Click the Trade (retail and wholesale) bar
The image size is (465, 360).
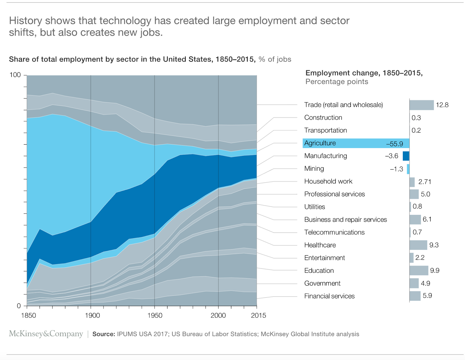(x=421, y=105)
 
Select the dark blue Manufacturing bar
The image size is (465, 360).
(x=406, y=156)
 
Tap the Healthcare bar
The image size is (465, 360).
(x=418, y=245)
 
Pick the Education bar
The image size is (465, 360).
(x=419, y=270)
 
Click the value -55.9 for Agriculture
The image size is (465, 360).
(x=394, y=144)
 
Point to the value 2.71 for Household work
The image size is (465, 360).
(x=425, y=182)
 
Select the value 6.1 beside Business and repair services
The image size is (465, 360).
(x=427, y=219)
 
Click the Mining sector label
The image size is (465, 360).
(x=314, y=169)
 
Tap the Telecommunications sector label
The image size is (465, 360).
(x=334, y=232)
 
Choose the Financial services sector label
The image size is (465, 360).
(x=329, y=296)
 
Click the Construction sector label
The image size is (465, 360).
(x=323, y=117)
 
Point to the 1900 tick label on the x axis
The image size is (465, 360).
(x=92, y=316)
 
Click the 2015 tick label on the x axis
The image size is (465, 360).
(x=258, y=316)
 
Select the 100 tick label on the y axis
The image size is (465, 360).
(x=15, y=75)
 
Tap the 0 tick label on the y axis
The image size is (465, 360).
(x=19, y=306)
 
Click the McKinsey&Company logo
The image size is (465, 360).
(x=46, y=334)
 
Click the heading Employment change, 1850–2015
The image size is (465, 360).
(x=364, y=73)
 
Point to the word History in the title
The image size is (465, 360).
(x=26, y=21)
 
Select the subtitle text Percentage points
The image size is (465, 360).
(x=337, y=82)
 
